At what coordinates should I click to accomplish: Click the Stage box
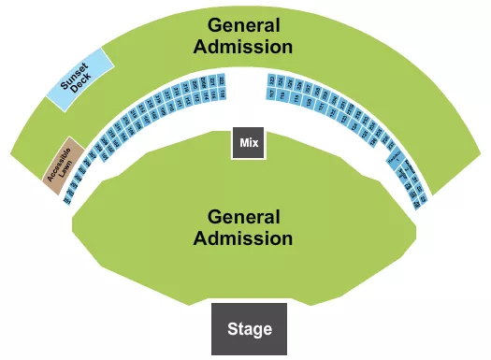[x=249, y=328]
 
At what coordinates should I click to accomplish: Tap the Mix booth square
[x=249, y=143]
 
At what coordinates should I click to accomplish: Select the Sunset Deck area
[x=80, y=79]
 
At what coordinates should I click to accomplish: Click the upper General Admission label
[x=250, y=36]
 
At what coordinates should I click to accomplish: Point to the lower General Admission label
[x=243, y=227]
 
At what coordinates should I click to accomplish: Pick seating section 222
[x=222, y=80]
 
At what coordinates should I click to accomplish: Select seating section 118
[x=223, y=94]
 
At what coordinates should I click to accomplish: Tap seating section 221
[x=212, y=81]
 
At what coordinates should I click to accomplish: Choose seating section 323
[x=271, y=80]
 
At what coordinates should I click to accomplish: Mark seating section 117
[x=271, y=94]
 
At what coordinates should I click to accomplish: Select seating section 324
[x=280, y=81]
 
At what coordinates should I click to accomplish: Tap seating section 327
[x=307, y=88]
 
